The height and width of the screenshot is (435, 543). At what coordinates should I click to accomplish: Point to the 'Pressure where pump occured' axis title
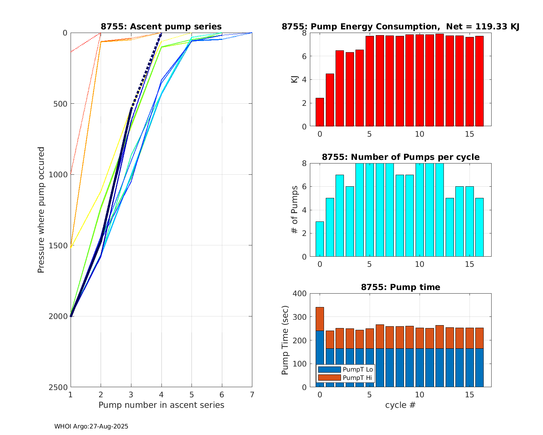[x=41, y=210]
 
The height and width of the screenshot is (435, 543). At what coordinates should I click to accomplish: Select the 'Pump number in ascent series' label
[x=161, y=405]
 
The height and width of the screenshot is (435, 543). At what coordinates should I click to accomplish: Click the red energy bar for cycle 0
[x=320, y=112]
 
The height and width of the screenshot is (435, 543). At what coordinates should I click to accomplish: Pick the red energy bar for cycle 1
[x=330, y=100]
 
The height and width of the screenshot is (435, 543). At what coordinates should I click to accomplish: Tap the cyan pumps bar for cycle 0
[x=320, y=239]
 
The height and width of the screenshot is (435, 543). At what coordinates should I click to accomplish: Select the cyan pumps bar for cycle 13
[x=450, y=227]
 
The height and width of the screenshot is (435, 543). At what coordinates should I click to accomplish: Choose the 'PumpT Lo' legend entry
[x=358, y=369]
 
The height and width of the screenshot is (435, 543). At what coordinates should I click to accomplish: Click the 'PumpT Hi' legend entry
[x=357, y=378]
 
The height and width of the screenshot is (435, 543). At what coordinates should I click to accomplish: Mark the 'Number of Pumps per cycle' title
[x=400, y=157]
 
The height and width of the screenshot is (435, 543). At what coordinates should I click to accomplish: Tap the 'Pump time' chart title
[x=400, y=287]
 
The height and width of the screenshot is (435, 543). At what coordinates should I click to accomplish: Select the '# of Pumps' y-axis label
[x=295, y=210]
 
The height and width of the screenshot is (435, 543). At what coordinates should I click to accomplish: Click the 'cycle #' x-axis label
[x=400, y=405]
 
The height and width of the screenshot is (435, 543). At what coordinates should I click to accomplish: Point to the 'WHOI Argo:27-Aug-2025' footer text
[x=91, y=426]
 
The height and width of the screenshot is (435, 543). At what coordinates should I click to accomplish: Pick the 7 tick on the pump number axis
[x=252, y=395]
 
